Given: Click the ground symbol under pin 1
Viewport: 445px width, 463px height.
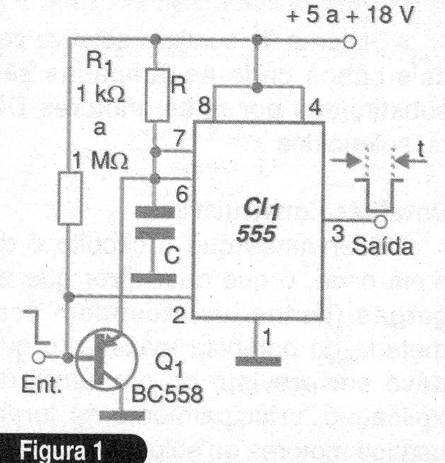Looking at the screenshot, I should click(x=256, y=362).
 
